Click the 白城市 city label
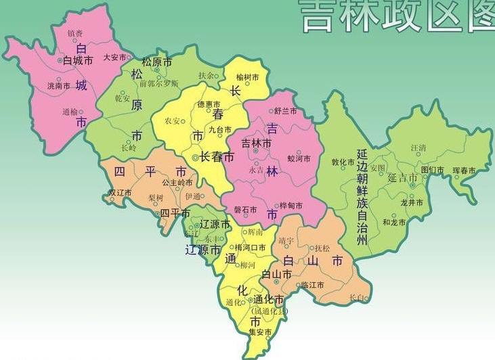pos(78,61)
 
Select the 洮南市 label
pos(58,86)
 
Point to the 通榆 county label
pos(70,112)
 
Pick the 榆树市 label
pos(248,77)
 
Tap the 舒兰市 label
pos(285,110)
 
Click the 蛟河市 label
pos(299,158)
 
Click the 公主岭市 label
pos(178,183)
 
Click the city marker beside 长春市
pos(196,157)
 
